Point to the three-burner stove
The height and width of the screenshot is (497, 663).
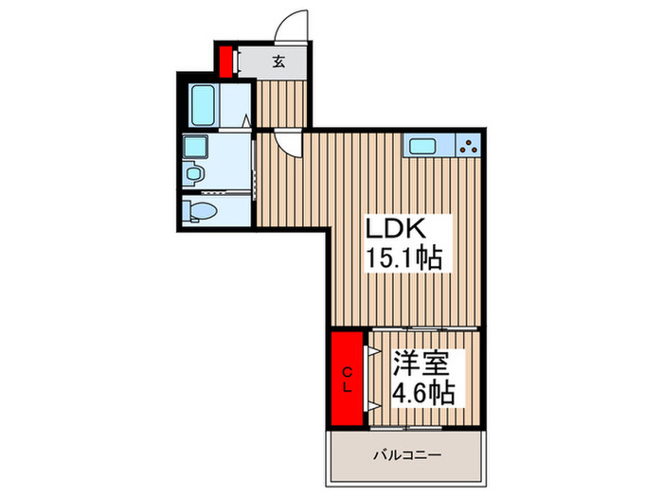point(468,146)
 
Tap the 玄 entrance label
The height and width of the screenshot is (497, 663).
point(279,63)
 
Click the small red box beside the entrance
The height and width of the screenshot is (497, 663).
point(226,62)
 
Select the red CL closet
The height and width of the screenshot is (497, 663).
point(348,378)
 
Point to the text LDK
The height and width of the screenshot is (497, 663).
point(398,230)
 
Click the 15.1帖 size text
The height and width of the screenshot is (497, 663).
point(404,259)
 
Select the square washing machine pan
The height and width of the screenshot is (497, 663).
point(197,147)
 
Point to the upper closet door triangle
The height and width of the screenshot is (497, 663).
point(373,348)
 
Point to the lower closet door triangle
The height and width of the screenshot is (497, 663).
point(373,405)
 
